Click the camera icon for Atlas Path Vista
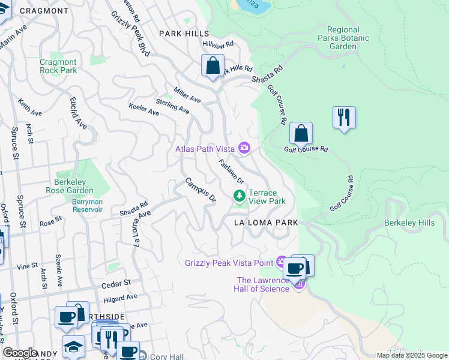[244, 148]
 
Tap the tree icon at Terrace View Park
[240, 196]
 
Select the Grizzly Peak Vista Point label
[229, 262]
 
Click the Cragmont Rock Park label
[58, 66]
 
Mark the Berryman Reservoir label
[87, 206]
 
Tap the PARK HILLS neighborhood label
[184, 34]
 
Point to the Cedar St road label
[116, 282]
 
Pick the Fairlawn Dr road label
[231, 172]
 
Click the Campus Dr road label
[200, 189]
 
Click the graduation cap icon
[73, 346]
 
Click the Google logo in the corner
[20, 353]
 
